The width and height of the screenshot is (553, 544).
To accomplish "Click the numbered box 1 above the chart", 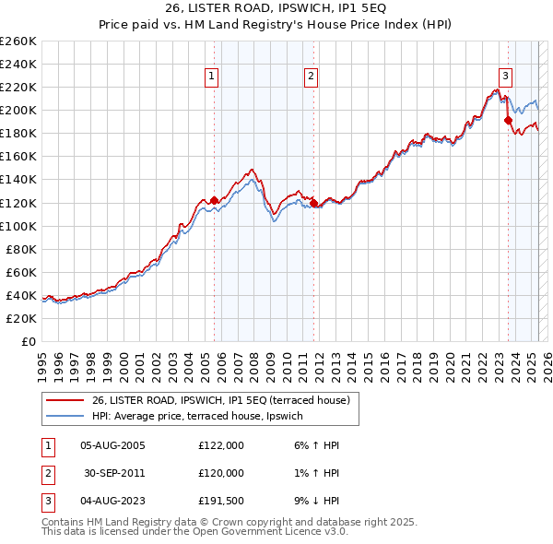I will click(213, 77).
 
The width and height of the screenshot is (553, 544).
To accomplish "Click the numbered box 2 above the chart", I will click(312, 77).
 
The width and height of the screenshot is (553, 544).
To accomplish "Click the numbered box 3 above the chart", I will click(505, 77).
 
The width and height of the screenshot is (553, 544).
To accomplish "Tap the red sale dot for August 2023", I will click(508, 120).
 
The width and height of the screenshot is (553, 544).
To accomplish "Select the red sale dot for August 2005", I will click(214, 200).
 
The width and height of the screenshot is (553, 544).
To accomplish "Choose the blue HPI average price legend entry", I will click(214, 416).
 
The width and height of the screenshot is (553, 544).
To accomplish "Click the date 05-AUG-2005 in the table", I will click(112, 445).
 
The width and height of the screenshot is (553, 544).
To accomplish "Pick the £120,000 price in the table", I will click(220, 473).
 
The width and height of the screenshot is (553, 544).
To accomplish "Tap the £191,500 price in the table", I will click(220, 502).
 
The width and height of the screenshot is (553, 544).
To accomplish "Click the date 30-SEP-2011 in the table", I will click(112, 473).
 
